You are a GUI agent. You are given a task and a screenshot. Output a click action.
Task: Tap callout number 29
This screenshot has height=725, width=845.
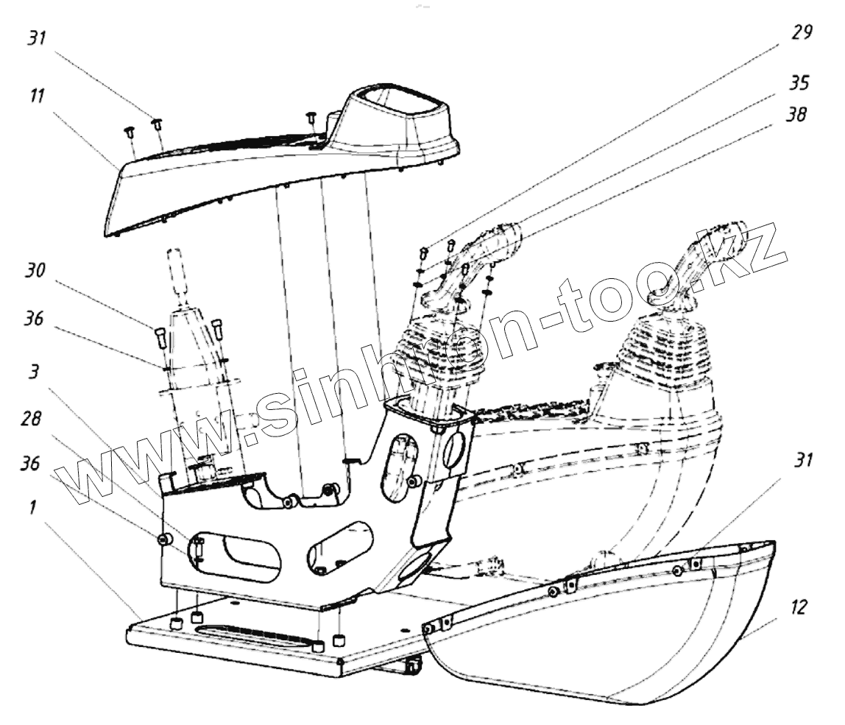click(x=801, y=33)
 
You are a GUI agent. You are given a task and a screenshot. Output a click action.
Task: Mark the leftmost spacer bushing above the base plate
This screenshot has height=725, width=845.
click(x=176, y=623)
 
